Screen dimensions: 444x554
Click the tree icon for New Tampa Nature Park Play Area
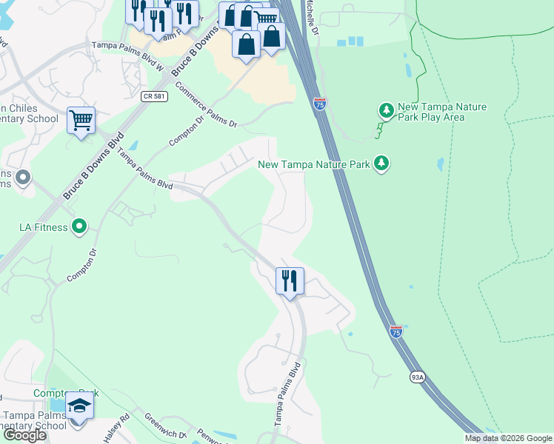pyautogui.click(x=386, y=111)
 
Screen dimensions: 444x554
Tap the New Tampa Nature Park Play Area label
pyautogui.click(x=441, y=112)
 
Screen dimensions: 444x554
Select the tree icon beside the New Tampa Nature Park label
pyautogui.click(x=381, y=163)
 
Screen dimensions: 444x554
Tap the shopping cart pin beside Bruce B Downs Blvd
pyautogui.click(x=81, y=120)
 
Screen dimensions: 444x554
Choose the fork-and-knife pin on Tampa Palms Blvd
pyautogui.click(x=290, y=281)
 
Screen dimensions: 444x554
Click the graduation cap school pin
pyautogui.click(x=79, y=408)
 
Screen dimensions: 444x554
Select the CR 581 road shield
pyautogui.click(x=152, y=96)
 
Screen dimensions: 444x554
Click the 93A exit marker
pyautogui.click(x=417, y=377)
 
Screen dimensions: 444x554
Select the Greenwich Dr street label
pyautogui.click(x=160, y=425)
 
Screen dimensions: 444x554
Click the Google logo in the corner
pyautogui.click(x=24, y=435)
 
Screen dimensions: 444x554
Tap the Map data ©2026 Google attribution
pyautogui.click(x=508, y=438)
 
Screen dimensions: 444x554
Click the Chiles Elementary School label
pyautogui.click(x=29, y=113)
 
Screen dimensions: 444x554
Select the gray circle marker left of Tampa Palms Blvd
pyautogui.click(x=22, y=177)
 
